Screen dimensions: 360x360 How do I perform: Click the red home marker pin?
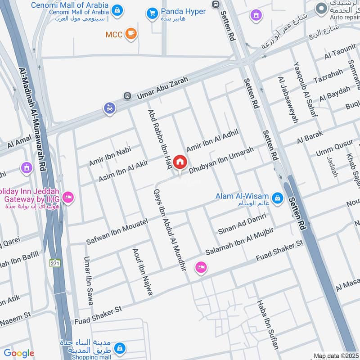coord(180,162)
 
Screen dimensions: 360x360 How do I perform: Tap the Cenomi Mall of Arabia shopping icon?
coord(117,10)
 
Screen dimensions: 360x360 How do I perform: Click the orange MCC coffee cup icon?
coord(131,34)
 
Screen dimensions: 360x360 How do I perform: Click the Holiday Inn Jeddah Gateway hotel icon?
coord(68,198)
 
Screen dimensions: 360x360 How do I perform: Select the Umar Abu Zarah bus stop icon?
coord(127,96)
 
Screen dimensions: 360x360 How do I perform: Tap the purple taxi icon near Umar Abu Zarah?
coord(109,108)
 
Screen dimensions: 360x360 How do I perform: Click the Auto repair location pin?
coord(321,8)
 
